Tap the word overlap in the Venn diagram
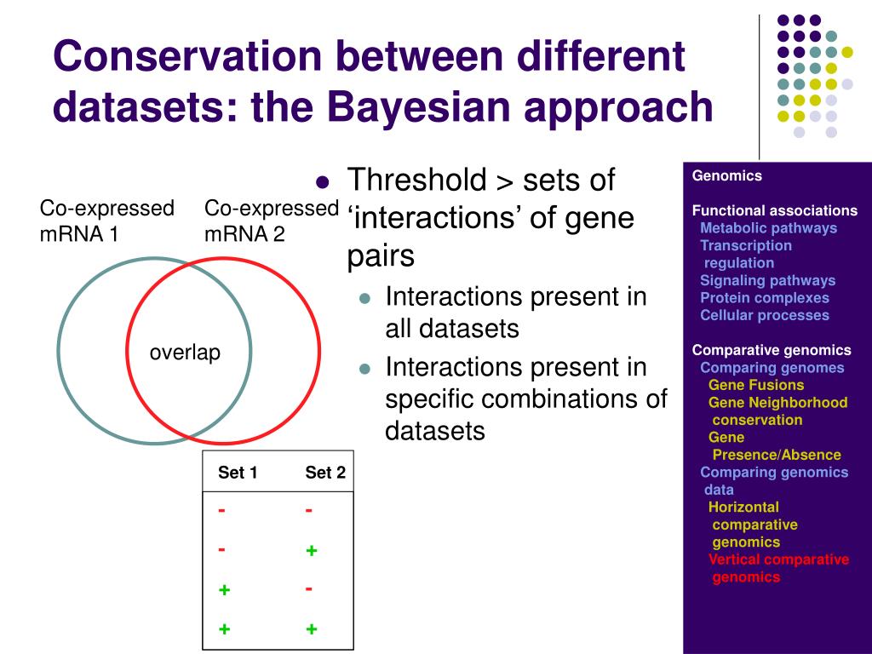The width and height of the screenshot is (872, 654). click(185, 353)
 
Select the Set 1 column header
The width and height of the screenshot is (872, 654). click(238, 473)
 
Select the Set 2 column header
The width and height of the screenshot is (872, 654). click(325, 473)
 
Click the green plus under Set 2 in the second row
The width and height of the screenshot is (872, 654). click(312, 551)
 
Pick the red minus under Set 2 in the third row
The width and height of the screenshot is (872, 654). click(308, 589)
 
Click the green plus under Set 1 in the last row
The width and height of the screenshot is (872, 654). click(224, 629)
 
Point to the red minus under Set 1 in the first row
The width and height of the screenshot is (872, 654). click(221, 510)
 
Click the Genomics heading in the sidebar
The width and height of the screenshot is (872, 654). click(727, 175)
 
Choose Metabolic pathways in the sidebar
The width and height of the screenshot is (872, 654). click(769, 228)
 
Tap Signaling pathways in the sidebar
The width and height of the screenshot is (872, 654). click(767, 280)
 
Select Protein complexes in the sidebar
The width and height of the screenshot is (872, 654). click(765, 297)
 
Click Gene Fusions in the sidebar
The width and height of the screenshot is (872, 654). click(756, 385)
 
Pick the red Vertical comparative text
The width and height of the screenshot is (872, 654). click(778, 559)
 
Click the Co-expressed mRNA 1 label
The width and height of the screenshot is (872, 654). click(106, 221)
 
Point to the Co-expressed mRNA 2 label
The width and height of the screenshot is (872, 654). click(272, 221)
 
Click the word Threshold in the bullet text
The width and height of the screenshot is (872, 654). click(417, 180)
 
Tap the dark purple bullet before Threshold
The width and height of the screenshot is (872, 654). click(323, 182)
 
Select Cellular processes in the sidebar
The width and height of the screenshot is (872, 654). click(765, 315)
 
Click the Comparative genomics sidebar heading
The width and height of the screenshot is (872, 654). click(772, 350)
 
